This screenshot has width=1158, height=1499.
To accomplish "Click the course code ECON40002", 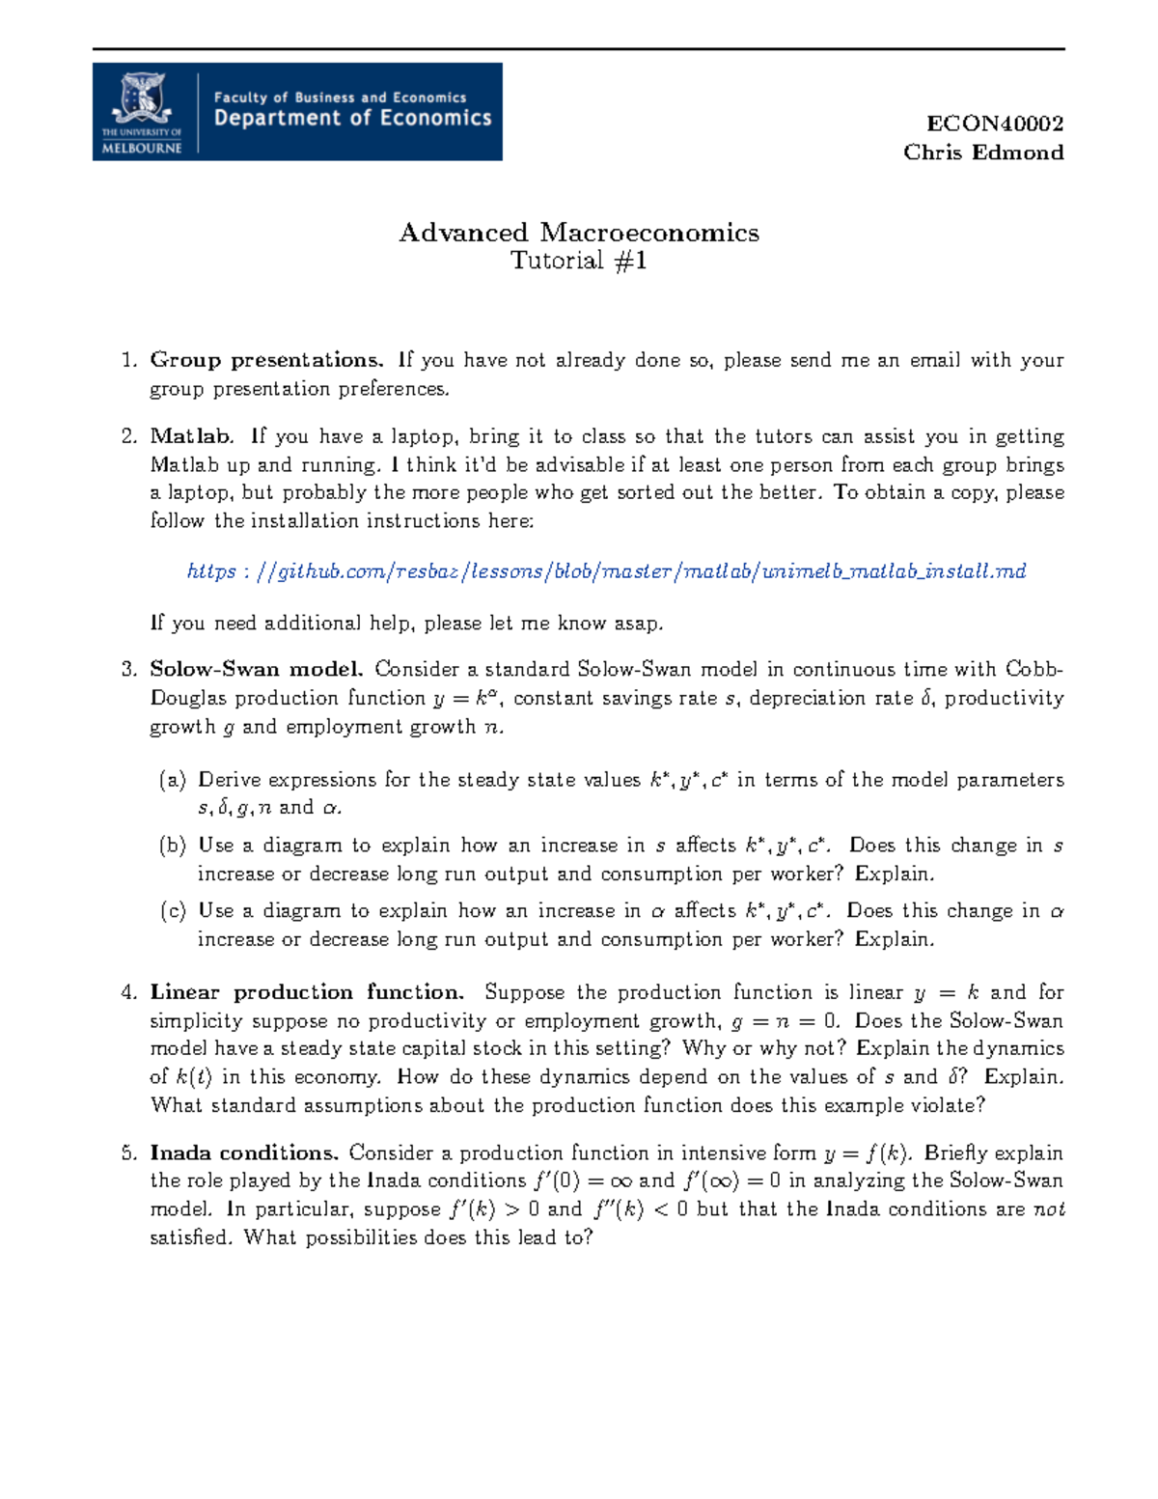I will tap(994, 124).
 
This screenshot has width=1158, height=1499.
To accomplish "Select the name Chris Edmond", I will tap(982, 153).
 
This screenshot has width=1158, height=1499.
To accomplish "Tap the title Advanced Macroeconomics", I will tap(579, 233).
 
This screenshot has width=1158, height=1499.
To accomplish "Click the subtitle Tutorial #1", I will tap(578, 261).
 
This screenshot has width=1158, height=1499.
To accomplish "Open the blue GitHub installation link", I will tap(606, 571).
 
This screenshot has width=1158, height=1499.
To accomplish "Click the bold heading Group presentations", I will tap(266, 360).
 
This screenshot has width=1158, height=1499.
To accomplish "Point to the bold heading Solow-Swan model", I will tap(256, 669).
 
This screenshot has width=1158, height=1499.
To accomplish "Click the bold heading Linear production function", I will tap(306, 992).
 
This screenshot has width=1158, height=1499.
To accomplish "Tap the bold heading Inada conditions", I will tap(243, 1152).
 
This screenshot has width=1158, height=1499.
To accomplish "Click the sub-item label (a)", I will tap(173, 780).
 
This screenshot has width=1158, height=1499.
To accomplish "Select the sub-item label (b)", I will tap(173, 846).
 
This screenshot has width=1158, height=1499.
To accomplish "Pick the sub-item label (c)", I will tap(173, 911).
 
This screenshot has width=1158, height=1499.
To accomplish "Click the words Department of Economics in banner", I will tap(352, 119).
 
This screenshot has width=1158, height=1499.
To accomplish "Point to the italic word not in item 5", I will tap(1048, 1209).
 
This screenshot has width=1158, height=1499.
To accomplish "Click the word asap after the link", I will tap(638, 624).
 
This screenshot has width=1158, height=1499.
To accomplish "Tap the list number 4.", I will tap(128, 992).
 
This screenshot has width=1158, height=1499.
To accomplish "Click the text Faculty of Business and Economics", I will tap(340, 97).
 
